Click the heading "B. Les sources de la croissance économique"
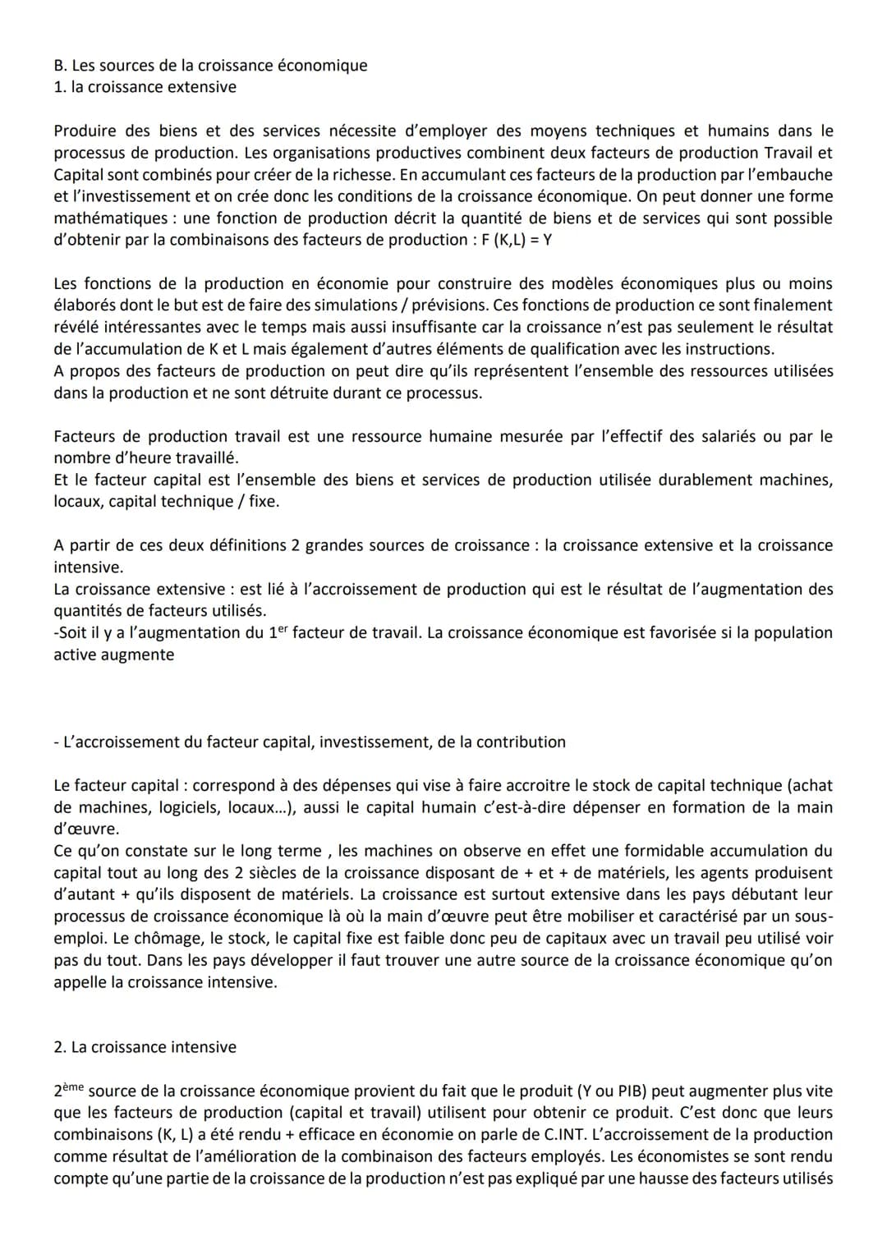[x=210, y=66]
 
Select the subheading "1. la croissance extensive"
[x=145, y=87]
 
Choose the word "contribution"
[x=516, y=742]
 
